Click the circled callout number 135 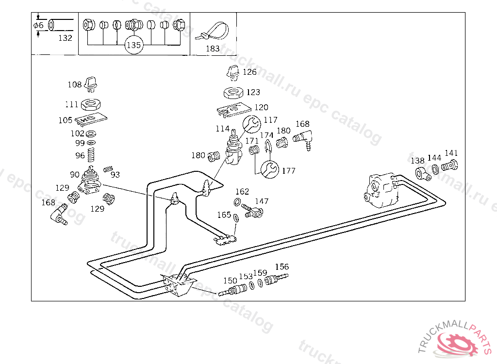tap(133, 46)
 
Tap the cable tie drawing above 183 tap(213, 31)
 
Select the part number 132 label tap(65, 38)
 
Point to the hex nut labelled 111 tap(91, 104)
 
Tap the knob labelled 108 tap(91, 83)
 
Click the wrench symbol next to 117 tap(251, 125)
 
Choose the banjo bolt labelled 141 tap(450, 165)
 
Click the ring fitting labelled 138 tap(422, 173)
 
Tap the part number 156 tap(282, 267)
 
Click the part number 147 tap(262, 201)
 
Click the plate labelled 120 tap(233, 110)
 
